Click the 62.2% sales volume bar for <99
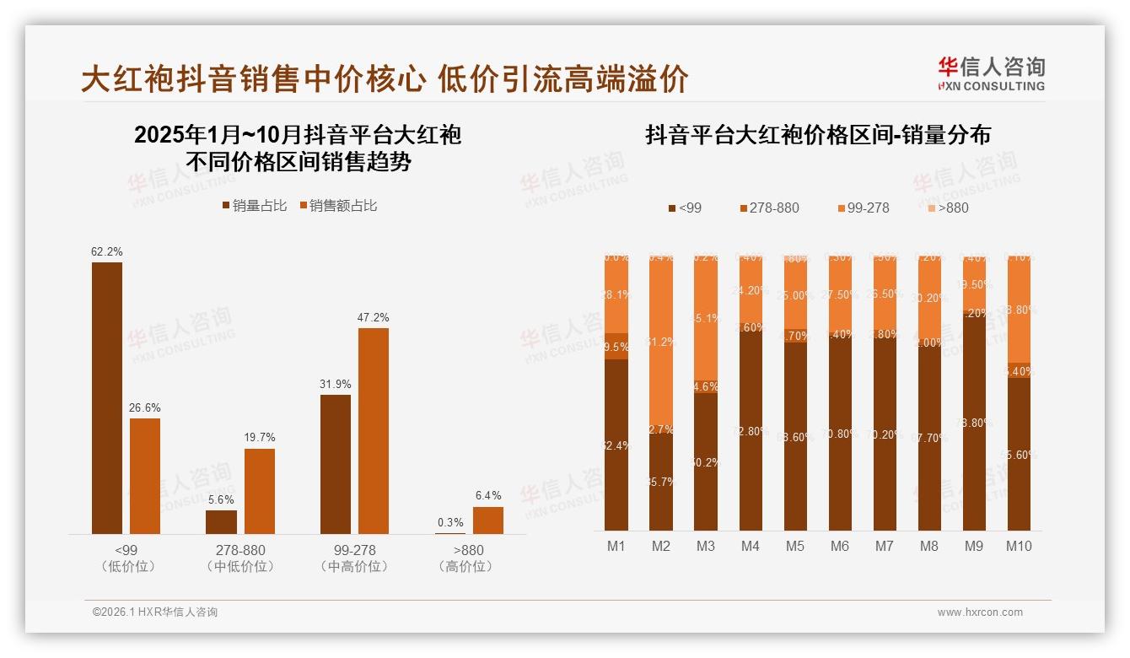(107, 397)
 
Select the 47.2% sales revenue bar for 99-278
(374, 430)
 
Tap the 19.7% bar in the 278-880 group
(260, 491)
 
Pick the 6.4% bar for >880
(488, 520)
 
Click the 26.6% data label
(145, 407)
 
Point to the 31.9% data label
(336, 384)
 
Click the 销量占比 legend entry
(255, 205)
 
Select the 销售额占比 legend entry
(337, 205)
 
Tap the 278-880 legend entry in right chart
(768, 208)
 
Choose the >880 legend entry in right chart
(947, 208)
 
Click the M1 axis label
(616, 546)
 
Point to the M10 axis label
(1019, 546)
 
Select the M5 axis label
(795, 546)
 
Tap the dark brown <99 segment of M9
(974, 422)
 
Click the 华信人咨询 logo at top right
(991, 73)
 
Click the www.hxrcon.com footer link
(980, 612)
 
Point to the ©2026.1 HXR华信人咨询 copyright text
(155, 612)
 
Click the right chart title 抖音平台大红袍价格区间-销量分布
(817, 135)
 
